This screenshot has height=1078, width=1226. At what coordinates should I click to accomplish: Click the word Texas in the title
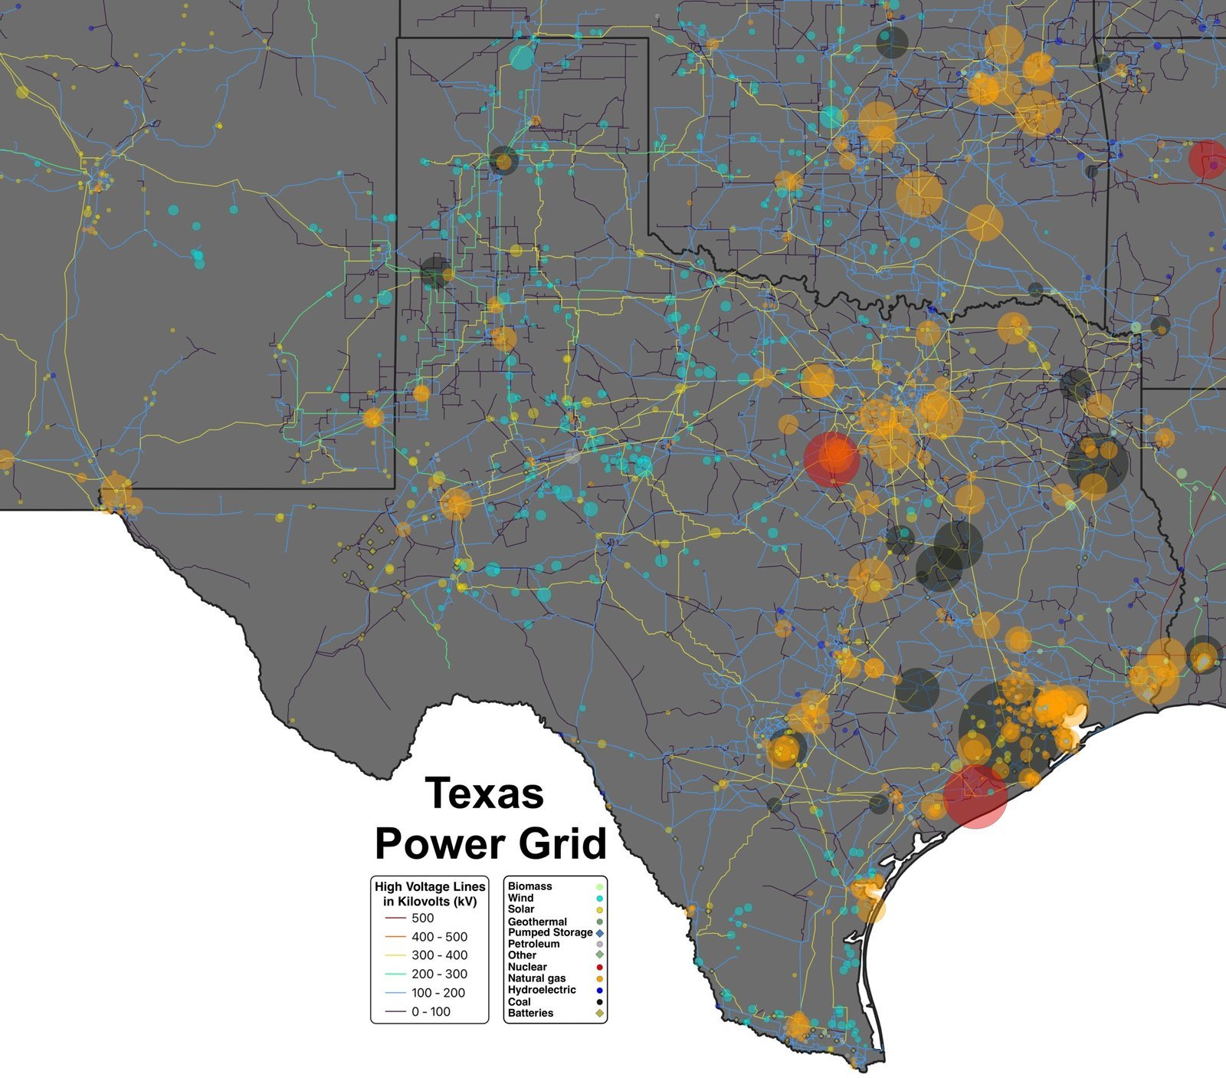pyautogui.click(x=484, y=793)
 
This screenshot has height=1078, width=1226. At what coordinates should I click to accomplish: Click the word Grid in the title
pyautogui.click(x=562, y=843)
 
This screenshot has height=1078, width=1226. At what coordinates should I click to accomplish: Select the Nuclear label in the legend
pyautogui.click(x=527, y=967)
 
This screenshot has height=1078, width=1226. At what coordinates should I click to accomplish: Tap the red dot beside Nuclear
pyautogui.click(x=599, y=968)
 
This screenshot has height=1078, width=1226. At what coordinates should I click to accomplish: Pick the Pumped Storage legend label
pyautogui.click(x=550, y=932)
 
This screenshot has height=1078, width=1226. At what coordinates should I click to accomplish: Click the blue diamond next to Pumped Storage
pyautogui.click(x=599, y=933)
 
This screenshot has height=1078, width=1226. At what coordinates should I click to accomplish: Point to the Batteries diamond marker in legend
pyautogui.click(x=599, y=1014)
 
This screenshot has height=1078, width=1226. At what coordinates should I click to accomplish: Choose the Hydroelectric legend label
pyautogui.click(x=542, y=990)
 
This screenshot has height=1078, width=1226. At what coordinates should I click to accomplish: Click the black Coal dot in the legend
pyautogui.click(x=599, y=1002)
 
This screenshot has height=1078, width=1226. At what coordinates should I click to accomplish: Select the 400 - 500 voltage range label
pyautogui.click(x=439, y=937)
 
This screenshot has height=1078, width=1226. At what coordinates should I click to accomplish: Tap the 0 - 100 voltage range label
pyautogui.click(x=431, y=1012)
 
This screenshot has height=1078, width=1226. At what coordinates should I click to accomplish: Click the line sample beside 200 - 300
pyautogui.click(x=395, y=974)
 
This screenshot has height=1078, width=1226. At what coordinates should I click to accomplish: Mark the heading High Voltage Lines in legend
pyautogui.click(x=430, y=887)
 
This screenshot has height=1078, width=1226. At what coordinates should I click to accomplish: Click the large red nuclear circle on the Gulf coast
pyautogui.click(x=975, y=797)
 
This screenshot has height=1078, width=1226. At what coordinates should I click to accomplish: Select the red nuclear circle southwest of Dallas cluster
pyautogui.click(x=832, y=458)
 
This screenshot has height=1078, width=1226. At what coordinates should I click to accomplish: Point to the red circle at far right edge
pyautogui.click(x=1206, y=159)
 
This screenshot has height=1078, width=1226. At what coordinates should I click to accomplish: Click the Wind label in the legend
pyautogui.click(x=520, y=898)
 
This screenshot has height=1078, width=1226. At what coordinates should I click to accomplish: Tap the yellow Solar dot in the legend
pyautogui.click(x=599, y=909)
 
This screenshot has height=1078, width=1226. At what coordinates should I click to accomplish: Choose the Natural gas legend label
pyautogui.click(x=536, y=978)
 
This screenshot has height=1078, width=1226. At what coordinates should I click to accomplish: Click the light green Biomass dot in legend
pyautogui.click(x=599, y=886)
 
